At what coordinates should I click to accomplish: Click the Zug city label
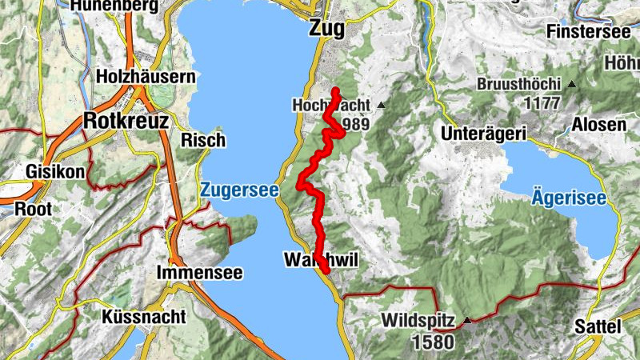pyautogui.click(x=326, y=29)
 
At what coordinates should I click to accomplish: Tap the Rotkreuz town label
pyautogui.click(x=126, y=121)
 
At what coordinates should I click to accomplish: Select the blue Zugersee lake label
pyautogui.click(x=239, y=190)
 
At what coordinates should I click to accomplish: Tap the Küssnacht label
pyautogui.click(x=144, y=317)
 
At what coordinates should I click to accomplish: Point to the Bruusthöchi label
pyautogui.click(x=518, y=84)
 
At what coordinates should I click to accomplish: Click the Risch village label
pyautogui.click(x=203, y=140)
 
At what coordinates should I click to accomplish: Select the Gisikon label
pyautogui.click(x=50, y=171)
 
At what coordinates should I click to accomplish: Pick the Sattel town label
pyautogui.click(x=598, y=326)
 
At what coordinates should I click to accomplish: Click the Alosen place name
pyautogui.click(x=599, y=125)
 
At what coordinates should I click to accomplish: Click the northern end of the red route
pyautogui.click(x=336, y=90)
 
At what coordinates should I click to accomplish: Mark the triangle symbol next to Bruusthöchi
pyautogui.click(x=571, y=84)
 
